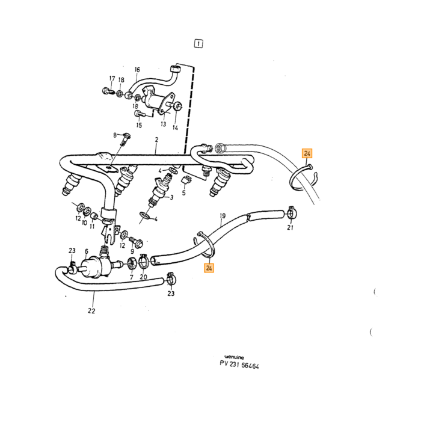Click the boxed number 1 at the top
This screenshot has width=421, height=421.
coord(198,43)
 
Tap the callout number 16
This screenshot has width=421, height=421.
coord(137,70)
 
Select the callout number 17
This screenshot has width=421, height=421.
coord(112,78)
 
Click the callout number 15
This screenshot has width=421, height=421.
coord(139,125)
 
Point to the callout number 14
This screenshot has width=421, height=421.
coord(175,128)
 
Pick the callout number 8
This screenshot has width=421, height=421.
coord(115,135)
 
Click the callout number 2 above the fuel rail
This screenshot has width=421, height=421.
coord(156,140)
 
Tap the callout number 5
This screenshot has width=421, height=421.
coord(183,193)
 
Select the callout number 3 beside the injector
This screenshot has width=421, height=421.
coord(171,197)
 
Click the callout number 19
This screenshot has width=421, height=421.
coord(223,215)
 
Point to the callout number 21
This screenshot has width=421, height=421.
coord(290,227)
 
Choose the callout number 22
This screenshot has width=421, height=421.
coord(91,311)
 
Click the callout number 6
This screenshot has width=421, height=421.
coord(86,251)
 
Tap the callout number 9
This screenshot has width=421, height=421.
coord(132,251)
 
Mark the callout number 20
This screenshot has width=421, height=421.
coord(143,277)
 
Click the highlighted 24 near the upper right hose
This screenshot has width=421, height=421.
coord(307,153)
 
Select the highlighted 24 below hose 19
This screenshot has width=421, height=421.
coord(209,268)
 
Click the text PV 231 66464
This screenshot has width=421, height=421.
coord(239,364)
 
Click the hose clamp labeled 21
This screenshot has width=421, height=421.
coord(292,213)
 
